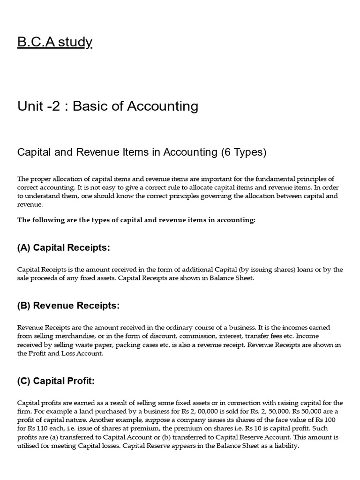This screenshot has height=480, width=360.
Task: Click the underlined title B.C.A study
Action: pos(55,42)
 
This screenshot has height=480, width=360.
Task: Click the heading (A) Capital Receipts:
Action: pos(64,248)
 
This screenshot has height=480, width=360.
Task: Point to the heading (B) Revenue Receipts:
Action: pos(68,306)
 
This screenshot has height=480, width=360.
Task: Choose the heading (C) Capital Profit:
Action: pos(56,381)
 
